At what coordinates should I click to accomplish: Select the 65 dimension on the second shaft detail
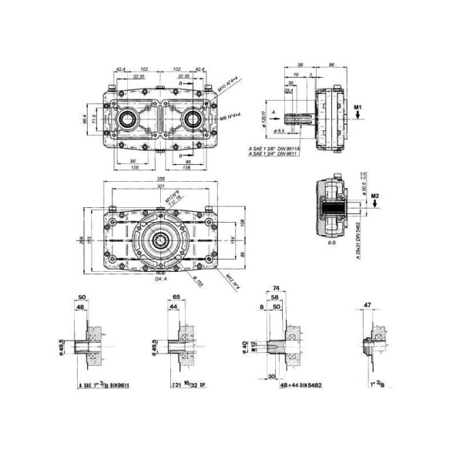[176, 296]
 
